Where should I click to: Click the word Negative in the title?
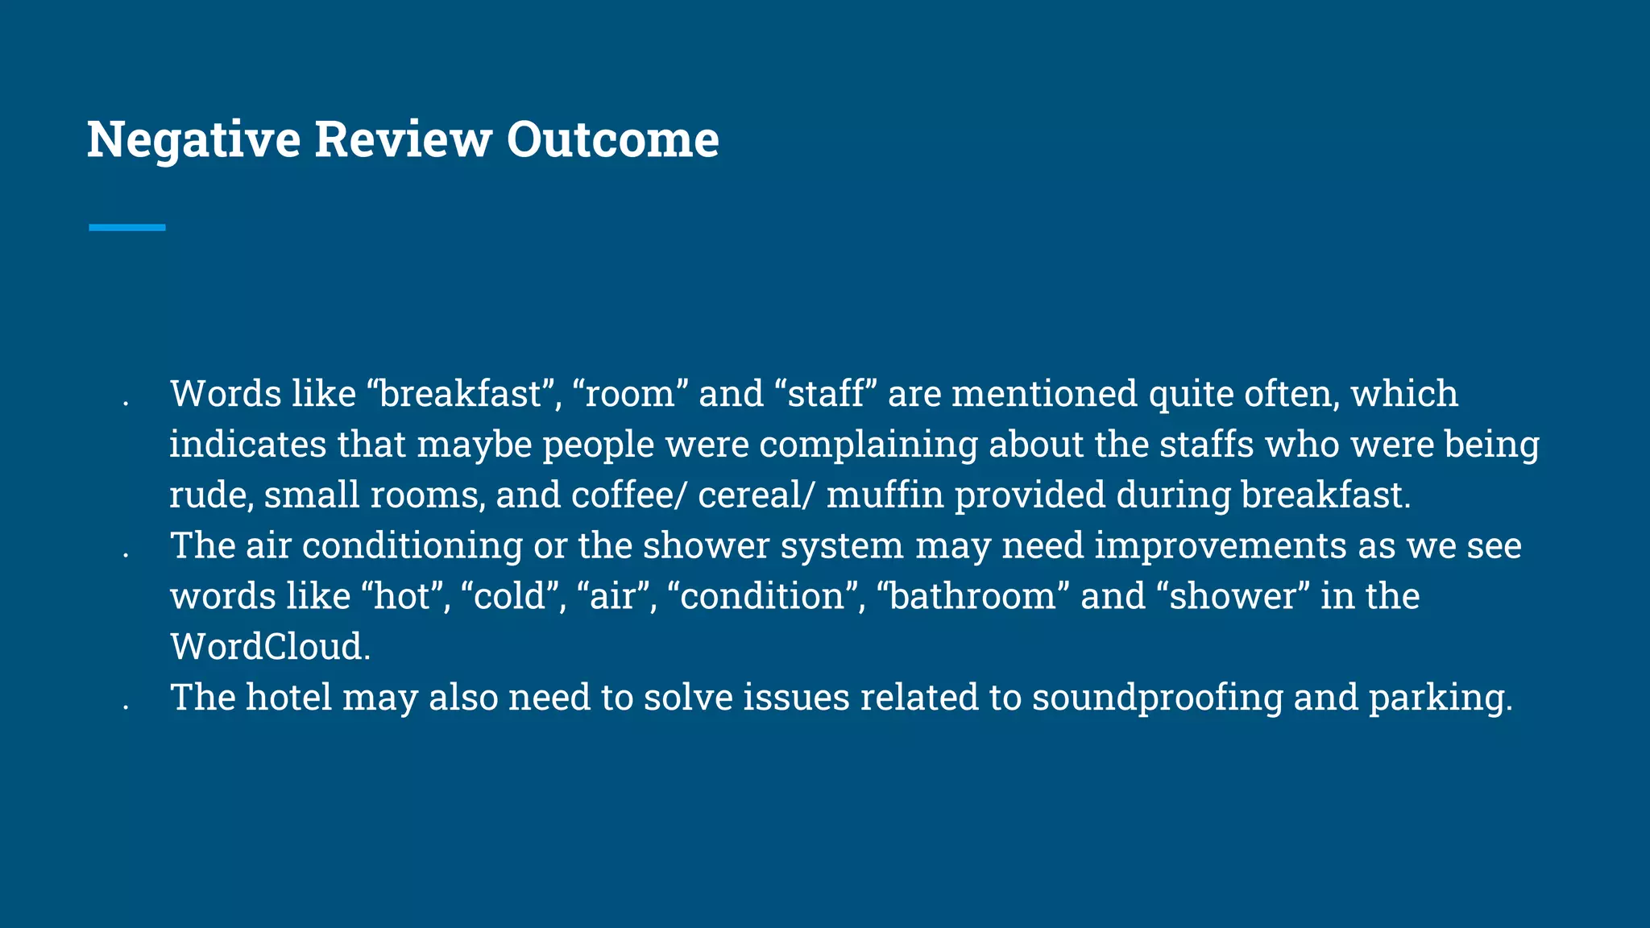tap(193, 139)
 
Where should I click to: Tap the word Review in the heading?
tap(403, 139)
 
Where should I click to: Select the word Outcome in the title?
tap(612, 139)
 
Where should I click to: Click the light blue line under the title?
tap(127, 228)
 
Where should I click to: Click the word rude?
tap(209, 495)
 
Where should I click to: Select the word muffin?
tap(885, 495)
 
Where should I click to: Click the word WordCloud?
tap(270, 647)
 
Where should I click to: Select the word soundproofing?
tap(1157, 698)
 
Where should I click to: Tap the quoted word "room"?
tap(628, 395)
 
